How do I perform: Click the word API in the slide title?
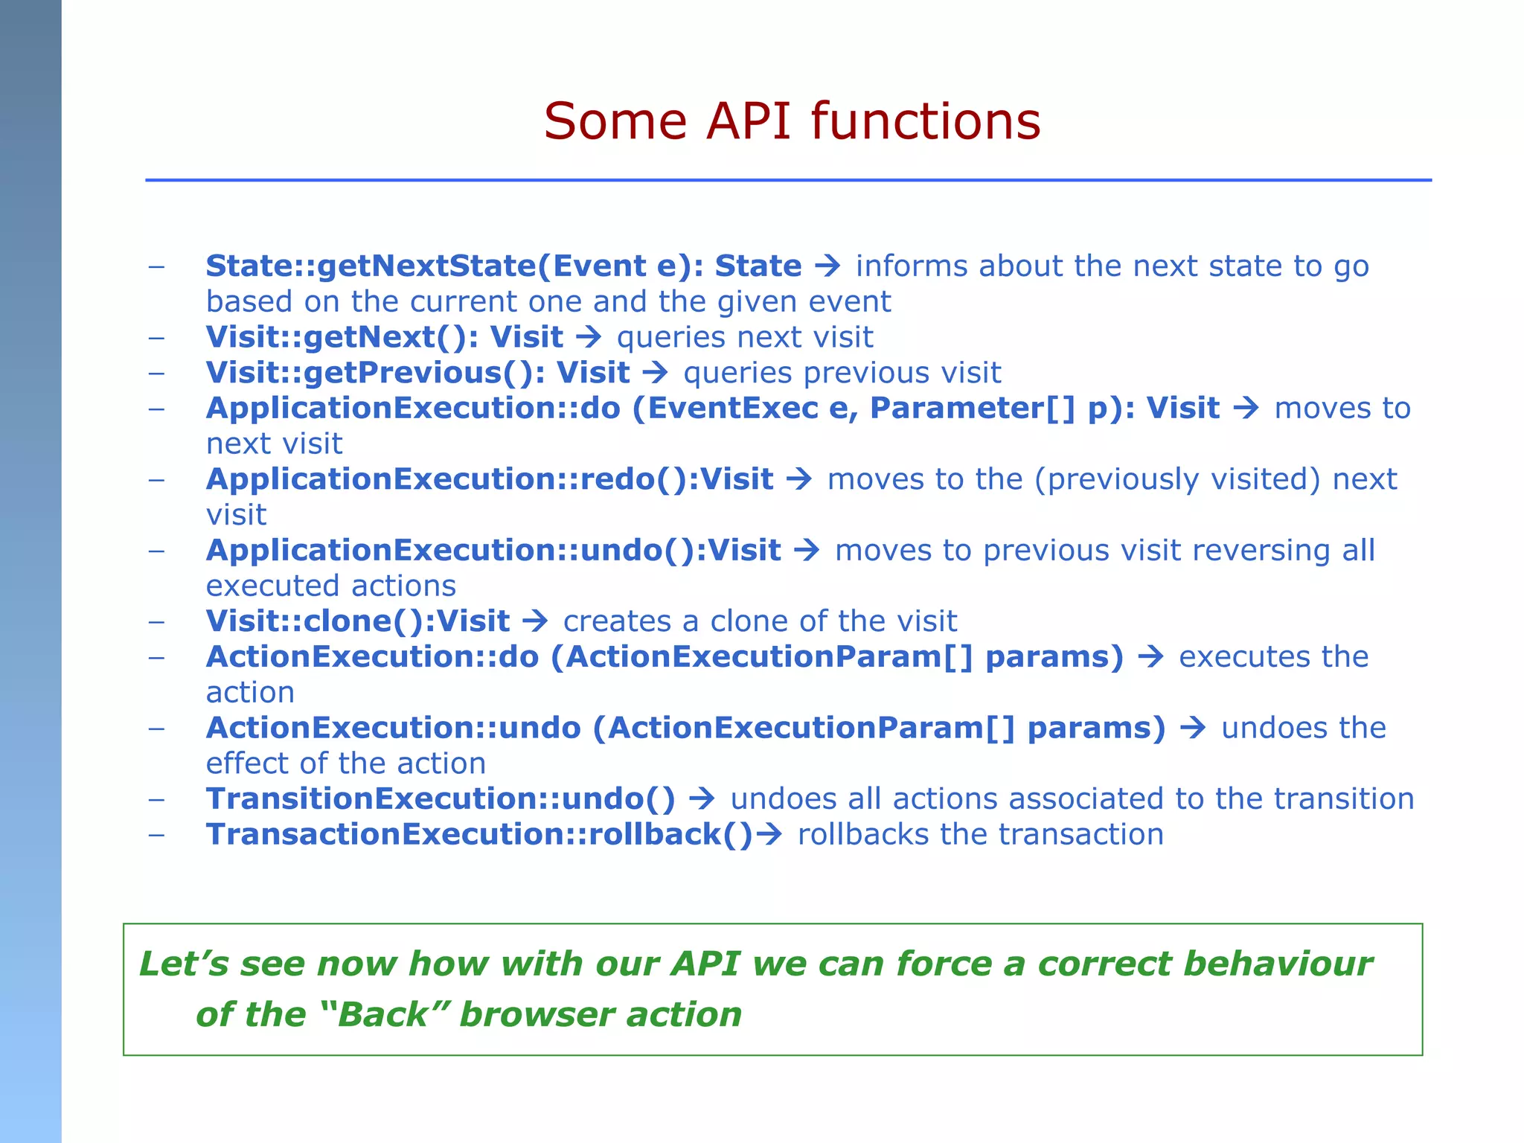747,121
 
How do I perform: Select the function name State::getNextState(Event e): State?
503,266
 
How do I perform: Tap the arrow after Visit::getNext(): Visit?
589,337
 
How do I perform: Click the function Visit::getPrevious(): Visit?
417,373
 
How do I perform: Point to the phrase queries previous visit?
842,373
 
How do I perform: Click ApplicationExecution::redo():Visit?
489,479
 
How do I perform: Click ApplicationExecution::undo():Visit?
493,551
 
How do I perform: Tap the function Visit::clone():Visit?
357,621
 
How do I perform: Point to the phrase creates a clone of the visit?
759,621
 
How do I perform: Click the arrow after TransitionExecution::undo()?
702,799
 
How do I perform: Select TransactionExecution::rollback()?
479,835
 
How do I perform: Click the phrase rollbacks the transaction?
980,835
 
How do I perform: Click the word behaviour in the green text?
1278,964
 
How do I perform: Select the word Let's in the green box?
184,964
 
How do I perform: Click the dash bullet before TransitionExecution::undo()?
156,799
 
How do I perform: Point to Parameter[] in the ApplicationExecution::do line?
972,409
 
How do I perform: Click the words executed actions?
330,586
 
